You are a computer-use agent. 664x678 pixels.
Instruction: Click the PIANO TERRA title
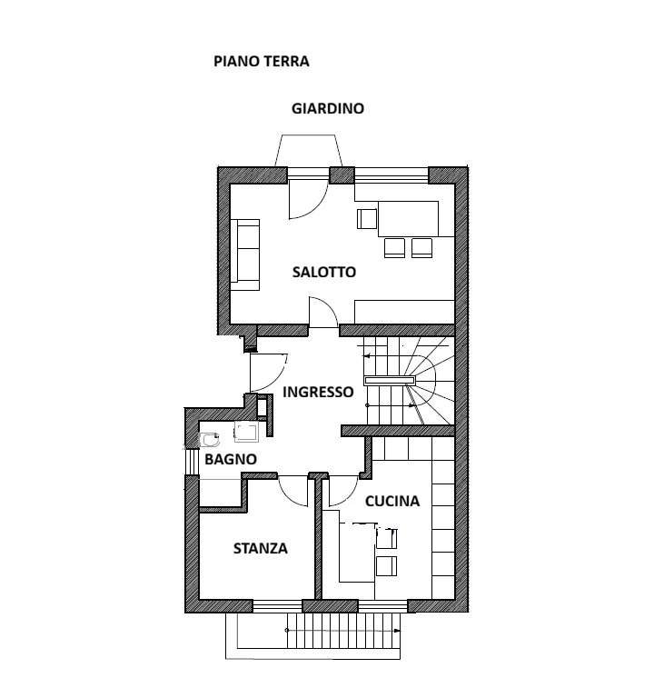[262, 61]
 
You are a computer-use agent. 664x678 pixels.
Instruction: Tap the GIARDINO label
[328, 108]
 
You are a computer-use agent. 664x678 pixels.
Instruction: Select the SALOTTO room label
[324, 272]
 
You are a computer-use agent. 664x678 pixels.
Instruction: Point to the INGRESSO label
[318, 392]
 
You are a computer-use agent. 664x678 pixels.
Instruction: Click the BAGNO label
[231, 459]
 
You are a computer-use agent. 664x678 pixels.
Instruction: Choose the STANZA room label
[260, 548]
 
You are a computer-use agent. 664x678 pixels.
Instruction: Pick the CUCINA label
[392, 501]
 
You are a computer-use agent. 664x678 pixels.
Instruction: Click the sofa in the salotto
[245, 254]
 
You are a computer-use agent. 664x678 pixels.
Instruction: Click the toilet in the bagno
[211, 440]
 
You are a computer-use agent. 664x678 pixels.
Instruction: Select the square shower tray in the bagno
[246, 432]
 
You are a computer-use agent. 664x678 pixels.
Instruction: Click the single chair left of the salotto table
[367, 219]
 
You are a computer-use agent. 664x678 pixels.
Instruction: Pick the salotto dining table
[409, 219]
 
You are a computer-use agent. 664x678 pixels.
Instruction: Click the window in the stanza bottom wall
[277, 606]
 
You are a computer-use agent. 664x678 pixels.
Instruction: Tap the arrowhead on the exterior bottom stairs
[398, 631]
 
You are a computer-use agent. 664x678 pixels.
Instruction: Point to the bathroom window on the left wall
[190, 463]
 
